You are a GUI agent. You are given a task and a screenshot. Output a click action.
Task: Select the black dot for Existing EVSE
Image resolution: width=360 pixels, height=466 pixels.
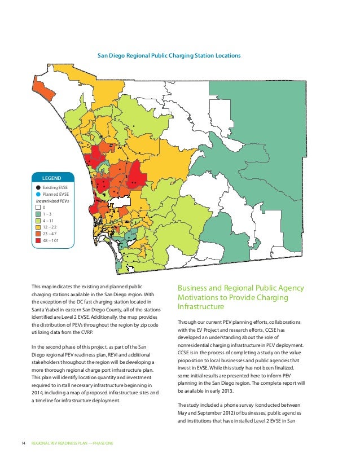pos(38,187)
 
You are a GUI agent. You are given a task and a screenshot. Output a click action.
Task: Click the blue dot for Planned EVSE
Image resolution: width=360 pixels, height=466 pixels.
pos(38,194)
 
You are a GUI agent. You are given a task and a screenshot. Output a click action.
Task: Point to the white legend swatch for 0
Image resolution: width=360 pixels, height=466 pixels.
pos(38,207)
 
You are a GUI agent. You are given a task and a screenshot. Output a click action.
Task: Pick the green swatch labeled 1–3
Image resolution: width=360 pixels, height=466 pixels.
pos(38,214)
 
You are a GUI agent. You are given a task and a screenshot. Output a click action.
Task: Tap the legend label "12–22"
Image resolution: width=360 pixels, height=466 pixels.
pos(50,227)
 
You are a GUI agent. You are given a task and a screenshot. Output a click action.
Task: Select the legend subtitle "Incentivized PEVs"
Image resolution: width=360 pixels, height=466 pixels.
pos(52,200)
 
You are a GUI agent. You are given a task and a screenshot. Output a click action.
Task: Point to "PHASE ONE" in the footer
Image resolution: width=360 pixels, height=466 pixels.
pos(103,443)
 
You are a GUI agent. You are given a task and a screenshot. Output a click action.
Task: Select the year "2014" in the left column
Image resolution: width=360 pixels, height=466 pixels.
pos(37,392)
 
